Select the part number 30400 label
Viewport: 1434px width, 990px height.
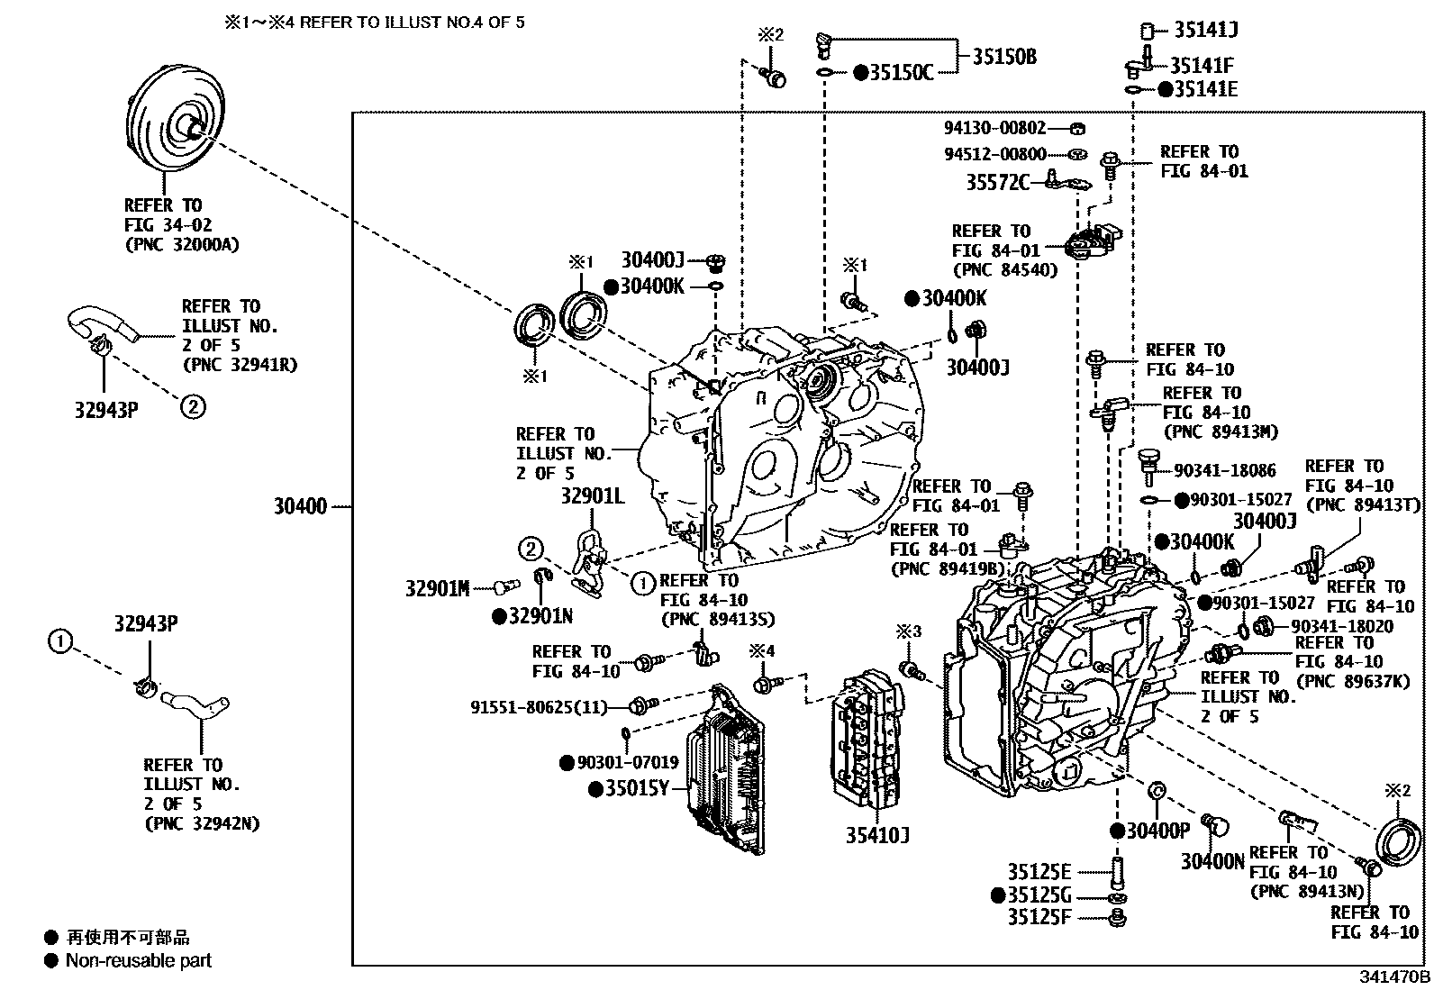pos(300,506)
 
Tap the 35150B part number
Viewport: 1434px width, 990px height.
pos(1004,57)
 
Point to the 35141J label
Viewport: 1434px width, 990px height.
pos(1205,30)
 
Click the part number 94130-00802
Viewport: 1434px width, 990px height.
pos(994,128)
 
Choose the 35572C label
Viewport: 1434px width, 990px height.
pos(997,183)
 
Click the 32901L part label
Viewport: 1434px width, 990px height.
pos(593,496)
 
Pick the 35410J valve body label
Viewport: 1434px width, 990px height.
pos(877,835)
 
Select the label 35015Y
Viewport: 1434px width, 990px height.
pos(637,788)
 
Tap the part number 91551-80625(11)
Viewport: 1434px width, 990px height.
pos(539,707)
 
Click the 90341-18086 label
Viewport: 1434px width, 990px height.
pos(1225,470)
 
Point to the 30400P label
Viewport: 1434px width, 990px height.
pos(1157,831)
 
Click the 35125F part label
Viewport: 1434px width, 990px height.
pos(1039,917)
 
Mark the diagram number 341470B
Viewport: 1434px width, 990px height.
pos(1394,976)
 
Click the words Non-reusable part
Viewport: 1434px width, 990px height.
pos(139,960)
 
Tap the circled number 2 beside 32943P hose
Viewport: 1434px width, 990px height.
pos(193,406)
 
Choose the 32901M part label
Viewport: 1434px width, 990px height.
pos(437,588)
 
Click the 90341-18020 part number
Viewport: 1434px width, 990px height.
pos(1342,626)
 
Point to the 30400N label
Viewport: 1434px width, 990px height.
pos(1212,861)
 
